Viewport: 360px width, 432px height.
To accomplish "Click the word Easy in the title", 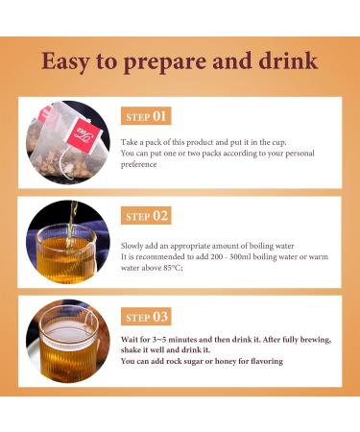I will [68, 61].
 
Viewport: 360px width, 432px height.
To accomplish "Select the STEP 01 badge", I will [147, 117].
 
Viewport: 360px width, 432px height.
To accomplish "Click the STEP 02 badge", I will [147, 216].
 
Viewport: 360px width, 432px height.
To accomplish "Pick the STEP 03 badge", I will [147, 317].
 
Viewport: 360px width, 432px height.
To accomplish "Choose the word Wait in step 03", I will [132, 340].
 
